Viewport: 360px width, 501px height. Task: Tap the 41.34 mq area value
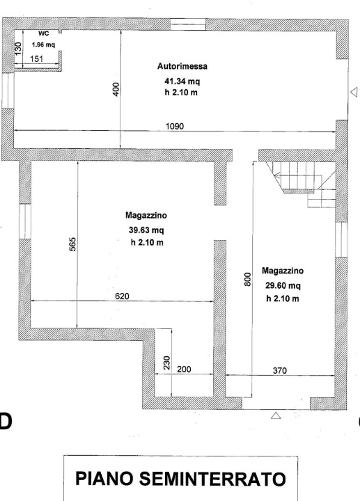[180, 81]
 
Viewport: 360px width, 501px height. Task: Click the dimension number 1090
[175, 126]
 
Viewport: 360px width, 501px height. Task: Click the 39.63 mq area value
[144, 230]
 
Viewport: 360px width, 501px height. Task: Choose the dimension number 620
[122, 296]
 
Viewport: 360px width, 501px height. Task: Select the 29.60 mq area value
[282, 286]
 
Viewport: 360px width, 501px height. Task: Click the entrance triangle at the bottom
[275, 415]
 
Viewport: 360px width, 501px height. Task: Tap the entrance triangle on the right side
[353, 92]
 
